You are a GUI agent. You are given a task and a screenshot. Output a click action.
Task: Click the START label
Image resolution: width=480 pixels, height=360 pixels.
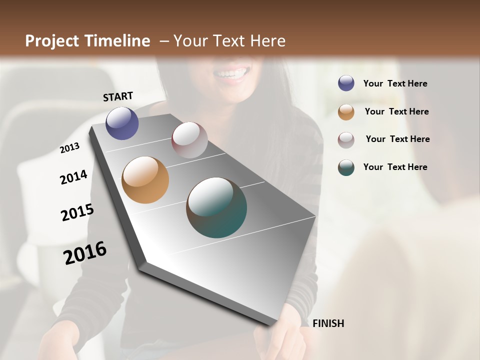[118, 96]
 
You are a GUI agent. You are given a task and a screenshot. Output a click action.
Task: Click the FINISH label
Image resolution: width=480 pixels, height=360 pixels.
[328, 323]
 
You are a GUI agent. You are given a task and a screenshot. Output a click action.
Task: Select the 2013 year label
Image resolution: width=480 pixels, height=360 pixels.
[69, 148]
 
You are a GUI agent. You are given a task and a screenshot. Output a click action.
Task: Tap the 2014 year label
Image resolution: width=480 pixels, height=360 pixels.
[73, 177]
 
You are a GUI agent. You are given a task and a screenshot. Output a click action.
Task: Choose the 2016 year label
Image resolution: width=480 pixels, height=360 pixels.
[85, 253]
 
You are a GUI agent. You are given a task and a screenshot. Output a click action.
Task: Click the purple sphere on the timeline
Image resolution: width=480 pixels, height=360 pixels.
[122, 123]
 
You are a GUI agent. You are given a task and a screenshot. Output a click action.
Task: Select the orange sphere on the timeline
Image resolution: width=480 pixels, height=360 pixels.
[145, 180]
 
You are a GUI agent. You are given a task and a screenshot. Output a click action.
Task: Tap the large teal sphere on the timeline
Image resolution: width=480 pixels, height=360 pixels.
[216, 207]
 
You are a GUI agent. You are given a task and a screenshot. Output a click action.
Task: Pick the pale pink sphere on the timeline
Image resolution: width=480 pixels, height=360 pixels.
[189, 140]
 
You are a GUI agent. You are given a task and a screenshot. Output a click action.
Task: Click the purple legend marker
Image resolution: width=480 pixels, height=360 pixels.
[346, 83]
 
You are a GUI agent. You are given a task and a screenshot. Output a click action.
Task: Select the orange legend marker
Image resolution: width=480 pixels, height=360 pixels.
[346, 112]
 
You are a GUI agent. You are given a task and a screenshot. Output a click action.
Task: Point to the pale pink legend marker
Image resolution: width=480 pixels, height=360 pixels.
[346, 140]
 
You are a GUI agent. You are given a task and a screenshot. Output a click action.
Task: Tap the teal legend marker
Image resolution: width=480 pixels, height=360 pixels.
[346, 167]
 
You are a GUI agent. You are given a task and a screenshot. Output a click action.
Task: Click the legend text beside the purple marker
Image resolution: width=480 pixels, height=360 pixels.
[395, 84]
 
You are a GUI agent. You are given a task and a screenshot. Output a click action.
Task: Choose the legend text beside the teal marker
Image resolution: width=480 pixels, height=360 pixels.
[395, 167]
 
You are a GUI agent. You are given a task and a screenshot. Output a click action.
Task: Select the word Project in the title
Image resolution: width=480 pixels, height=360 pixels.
[52, 41]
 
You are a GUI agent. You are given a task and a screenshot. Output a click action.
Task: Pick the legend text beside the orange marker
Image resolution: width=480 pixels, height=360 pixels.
[396, 111]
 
